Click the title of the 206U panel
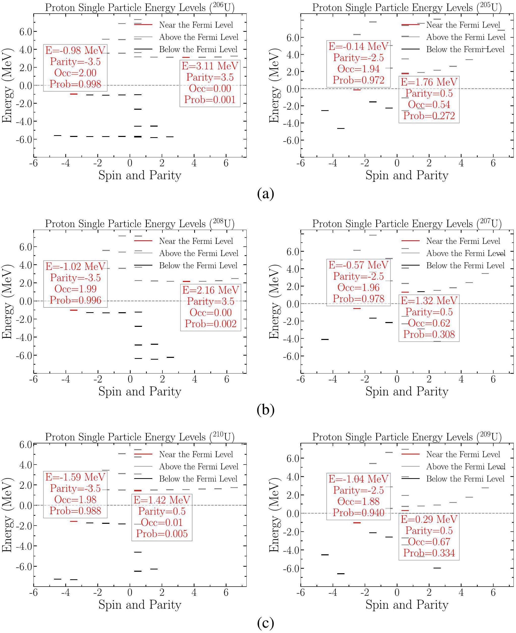coord(140,7)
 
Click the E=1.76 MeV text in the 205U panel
coord(429,82)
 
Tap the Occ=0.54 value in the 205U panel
coord(429,105)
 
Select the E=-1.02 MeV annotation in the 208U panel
coord(75,266)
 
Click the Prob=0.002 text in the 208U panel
coord(210,324)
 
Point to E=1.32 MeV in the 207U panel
coord(429,301)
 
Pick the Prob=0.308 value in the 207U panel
coord(429,335)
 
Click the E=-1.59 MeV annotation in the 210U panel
coord(75,477)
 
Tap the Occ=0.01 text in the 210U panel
coord(162,523)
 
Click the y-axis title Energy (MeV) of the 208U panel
coord(7,301)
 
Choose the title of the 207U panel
coord(407,224)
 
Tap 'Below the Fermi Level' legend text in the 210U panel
coord(198,479)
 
